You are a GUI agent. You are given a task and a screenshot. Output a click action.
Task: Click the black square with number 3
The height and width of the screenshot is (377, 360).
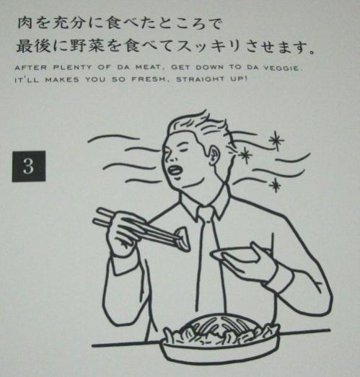click(x=29, y=167)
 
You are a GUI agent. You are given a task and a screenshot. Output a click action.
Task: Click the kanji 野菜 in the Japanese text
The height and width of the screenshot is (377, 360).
click(x=87, y=46)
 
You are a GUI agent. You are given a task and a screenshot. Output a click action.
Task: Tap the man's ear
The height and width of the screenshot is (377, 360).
click(x=215, y=154)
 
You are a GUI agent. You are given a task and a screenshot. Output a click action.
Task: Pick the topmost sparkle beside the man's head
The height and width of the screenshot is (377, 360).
click(x=276, y=141)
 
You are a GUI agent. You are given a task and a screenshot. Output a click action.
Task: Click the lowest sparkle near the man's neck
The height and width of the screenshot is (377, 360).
click(x=275, y=185)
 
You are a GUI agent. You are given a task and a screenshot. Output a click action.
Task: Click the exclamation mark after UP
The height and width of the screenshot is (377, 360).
click(x=246, y=79)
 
